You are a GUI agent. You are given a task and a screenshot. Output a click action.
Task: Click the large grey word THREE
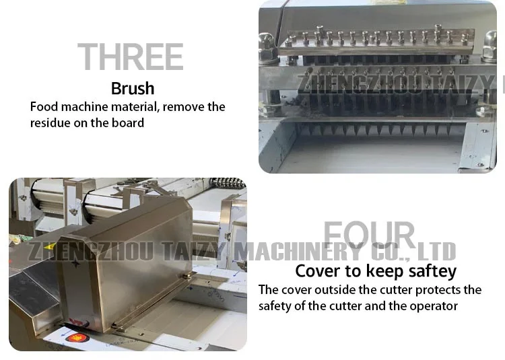tap(130, 57)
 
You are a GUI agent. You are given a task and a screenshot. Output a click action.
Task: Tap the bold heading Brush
tap(133, 88)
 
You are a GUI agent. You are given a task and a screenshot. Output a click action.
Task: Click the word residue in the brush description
tap(51, 122)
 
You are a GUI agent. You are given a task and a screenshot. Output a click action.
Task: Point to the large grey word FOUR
tap(369, 235)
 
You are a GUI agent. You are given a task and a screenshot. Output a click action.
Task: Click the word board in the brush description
tap(129, 122)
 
